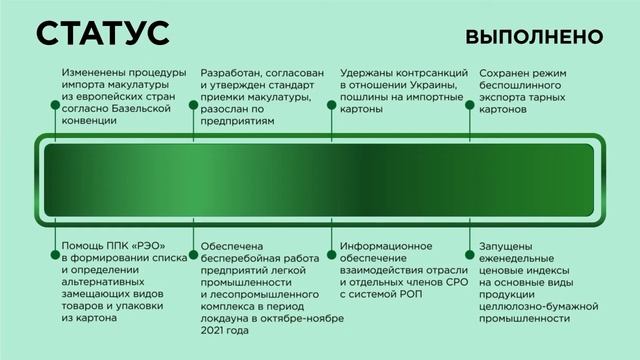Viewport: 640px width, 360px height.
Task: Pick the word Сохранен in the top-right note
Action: coord(508,73)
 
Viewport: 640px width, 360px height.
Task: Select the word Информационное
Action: coord(385,246)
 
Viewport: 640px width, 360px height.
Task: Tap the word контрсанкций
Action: coord(427,73)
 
